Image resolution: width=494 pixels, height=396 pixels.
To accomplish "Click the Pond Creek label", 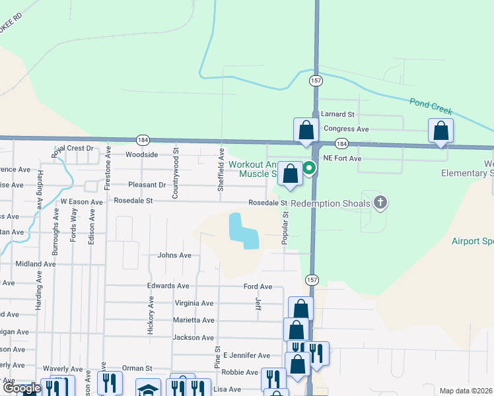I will point(430,103).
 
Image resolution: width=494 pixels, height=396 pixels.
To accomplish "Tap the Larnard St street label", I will point(338,114).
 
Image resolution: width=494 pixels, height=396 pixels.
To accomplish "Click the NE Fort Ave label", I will point(342,159).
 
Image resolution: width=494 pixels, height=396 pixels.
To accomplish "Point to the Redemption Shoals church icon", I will point(380,203).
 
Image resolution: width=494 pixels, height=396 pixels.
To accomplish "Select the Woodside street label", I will point(142,154).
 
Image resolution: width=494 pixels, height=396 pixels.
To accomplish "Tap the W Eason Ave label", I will point(82,202).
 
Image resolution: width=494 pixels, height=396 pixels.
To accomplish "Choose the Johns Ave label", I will point(174,255).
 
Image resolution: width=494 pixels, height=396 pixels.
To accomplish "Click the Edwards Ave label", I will point(168,286).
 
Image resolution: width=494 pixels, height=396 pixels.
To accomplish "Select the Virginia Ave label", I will point(194,304).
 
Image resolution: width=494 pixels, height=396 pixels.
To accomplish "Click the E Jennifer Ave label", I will point(246,355).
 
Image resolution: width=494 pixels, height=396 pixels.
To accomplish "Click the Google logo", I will point(22,388).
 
